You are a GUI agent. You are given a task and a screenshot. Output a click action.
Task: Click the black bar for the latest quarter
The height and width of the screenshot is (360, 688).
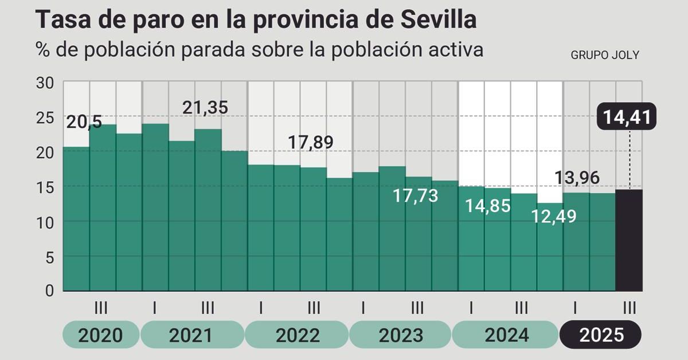pos(629,240)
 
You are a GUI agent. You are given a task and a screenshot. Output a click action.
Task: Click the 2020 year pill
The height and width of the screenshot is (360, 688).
pos(100,335)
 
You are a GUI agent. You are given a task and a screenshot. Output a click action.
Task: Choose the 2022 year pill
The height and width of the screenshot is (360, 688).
pos(297,335)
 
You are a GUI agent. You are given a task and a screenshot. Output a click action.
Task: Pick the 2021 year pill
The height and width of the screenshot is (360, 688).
pos(193,335)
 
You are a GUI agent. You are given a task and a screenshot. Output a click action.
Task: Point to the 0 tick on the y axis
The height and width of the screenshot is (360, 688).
pos(50,291)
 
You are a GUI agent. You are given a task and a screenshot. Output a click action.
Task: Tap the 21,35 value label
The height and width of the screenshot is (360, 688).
pos(205,107)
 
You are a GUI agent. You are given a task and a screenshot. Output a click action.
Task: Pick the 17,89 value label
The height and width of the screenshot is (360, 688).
pos(310,142)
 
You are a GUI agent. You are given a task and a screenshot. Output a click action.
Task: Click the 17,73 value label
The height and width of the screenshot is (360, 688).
pos(415,195)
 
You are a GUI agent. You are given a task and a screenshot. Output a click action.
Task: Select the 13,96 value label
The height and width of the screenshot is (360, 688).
pos(577,178)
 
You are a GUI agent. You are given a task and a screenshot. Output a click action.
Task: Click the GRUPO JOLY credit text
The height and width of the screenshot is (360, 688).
pos(605,56)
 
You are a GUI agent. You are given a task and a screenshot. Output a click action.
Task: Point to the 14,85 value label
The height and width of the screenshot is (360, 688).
pos(487,206)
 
